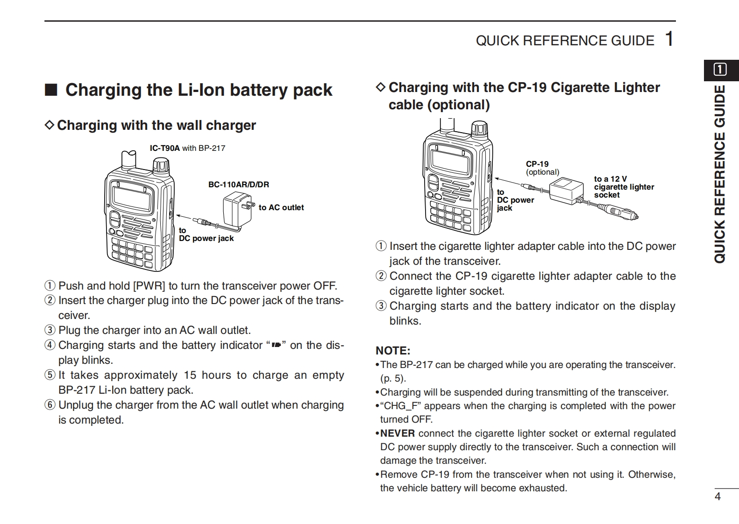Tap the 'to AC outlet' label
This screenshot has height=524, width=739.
click(x=281, y=207)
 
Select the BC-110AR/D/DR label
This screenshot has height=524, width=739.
click(x=238, y=184)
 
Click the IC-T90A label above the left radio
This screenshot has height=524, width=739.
click(x=164, y=148)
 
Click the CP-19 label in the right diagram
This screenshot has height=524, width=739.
click(x=537, y=164)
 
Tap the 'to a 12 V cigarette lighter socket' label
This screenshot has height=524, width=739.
click(x=624, y=187)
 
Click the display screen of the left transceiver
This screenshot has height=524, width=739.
click(x=133, y=196)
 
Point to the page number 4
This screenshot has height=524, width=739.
click(x=718, y=496)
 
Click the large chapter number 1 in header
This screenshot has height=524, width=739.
click(x=669, y=39)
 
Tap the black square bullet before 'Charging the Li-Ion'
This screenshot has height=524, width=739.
click(x=51, y=90)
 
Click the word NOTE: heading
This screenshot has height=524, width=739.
click(x=393, y=350)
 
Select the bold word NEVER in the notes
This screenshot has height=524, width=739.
click(x=397, y=433)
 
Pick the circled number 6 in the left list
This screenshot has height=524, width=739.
click(x=50, y=405)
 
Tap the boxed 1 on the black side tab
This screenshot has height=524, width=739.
click(x=720, y=70)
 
